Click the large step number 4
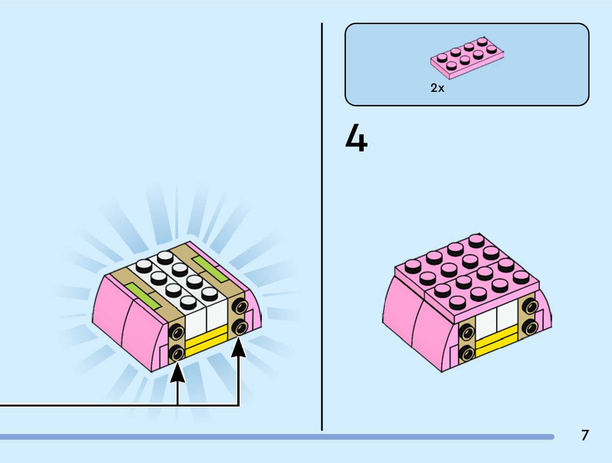coord(356,138)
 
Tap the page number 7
coord(585,435)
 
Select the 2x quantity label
coord(437,88)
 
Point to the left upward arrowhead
coord(177,373)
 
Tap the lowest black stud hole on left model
coord(176,353)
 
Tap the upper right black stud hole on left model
coord(241,307)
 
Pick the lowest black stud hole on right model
coord(466,353)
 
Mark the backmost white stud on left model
coord(165,257)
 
